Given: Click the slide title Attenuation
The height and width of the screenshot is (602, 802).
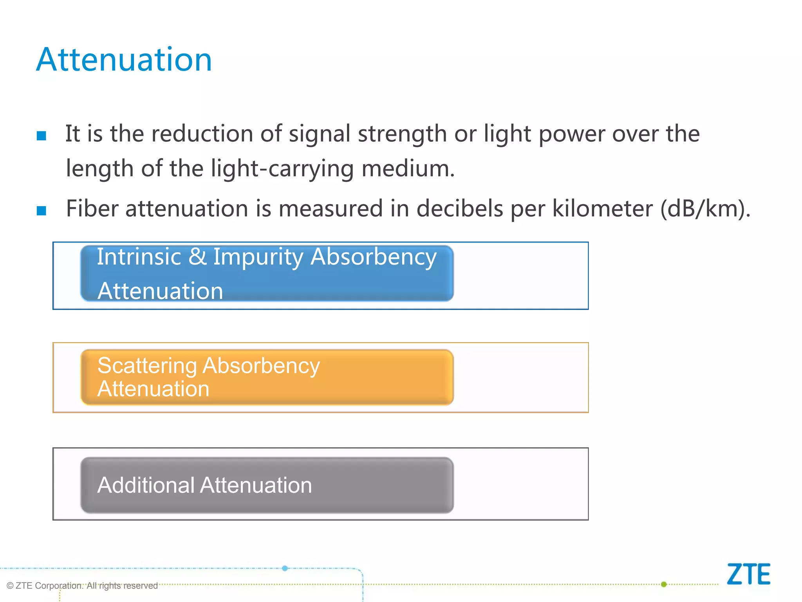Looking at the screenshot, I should pyautogui.click(x=124, y=60).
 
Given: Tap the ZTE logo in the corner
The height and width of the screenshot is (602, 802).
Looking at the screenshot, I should pyautogui.click(x=748, y=574).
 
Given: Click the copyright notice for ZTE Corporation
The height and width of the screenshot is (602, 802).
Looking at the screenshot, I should pyautogui.click(x=82, y=586).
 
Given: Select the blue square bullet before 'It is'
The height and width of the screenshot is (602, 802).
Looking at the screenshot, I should pyautogui.click(x=42, y=136).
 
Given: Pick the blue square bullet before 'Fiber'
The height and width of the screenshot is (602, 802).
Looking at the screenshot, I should pyautogui.click(x=42, y=210).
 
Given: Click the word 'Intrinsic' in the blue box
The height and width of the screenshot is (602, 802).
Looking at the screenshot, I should pyautogui.click(x=139, y=257).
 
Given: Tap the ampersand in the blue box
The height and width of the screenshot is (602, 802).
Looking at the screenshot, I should pyautogui.click(x=197, y=257).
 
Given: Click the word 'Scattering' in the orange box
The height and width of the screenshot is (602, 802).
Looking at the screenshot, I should pyautogui.click(x=147, y=366).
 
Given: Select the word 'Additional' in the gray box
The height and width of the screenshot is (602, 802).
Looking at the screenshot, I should pyautogui.click(x=146, y=485).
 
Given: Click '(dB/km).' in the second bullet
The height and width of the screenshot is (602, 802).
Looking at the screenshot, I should pyautogui.click(x=705, y=209).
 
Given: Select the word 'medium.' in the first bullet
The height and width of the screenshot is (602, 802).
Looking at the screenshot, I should pyautogui.click(x=408, y=169).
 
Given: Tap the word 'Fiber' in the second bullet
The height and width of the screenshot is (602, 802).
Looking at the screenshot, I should pyautogui.click(x=92, y=209).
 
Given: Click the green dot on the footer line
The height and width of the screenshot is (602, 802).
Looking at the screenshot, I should pyautogui.click(x=664, y=584).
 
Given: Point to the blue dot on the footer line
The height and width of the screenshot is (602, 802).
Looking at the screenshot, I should pyautogui.click(x=285, y=568).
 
